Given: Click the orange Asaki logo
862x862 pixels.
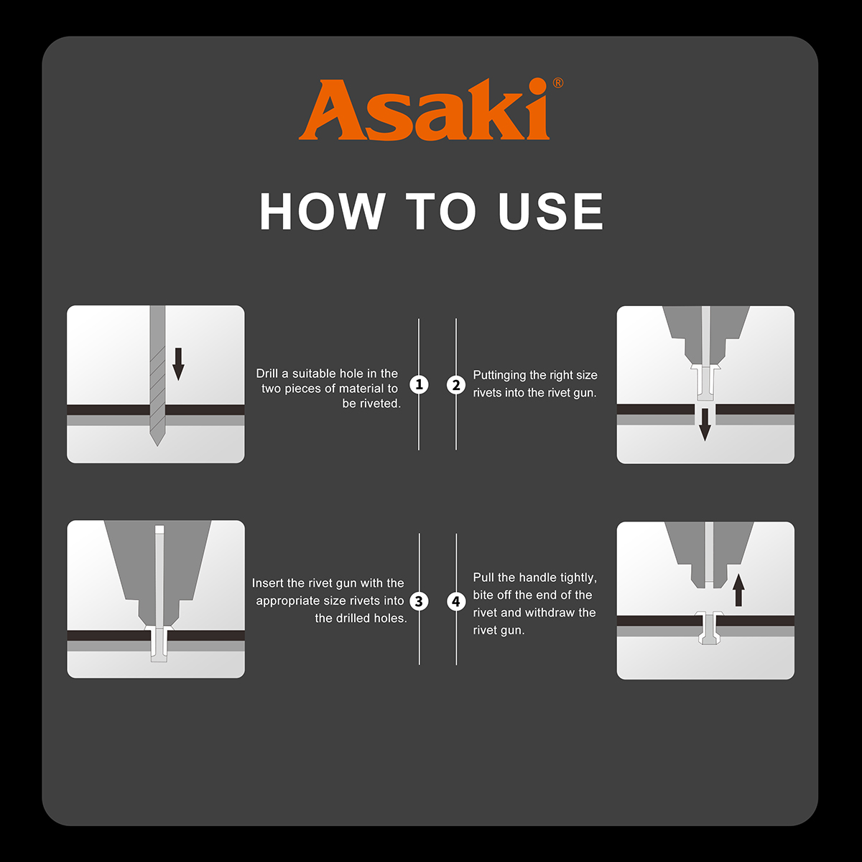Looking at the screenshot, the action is tap(424, 110).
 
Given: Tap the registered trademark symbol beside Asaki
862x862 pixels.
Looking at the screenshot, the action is tap(558, 83).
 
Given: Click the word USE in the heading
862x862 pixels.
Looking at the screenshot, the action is tap(551, 211).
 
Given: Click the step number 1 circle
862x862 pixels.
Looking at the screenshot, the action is tap(419, 384).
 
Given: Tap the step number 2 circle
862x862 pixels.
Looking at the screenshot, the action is tap(456, 385).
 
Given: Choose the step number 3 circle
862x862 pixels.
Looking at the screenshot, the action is tap(419, 601).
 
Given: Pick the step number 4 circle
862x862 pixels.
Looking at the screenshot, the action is tap(456, 601).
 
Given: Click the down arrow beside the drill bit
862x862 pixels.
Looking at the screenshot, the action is tap(178, 364).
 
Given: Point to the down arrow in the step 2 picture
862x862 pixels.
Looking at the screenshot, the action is tap(705, 425).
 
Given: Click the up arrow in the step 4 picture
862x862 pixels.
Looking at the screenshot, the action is tap(739, 590).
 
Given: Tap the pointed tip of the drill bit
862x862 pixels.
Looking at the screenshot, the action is tap(157, 445).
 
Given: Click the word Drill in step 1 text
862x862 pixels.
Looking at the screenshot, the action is tap(267, 374).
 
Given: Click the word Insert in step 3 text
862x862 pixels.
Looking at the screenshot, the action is tap(267, 583).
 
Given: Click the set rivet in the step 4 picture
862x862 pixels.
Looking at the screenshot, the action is tap(710, 628).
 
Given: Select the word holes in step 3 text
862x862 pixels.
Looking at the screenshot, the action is tap(393, 618).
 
